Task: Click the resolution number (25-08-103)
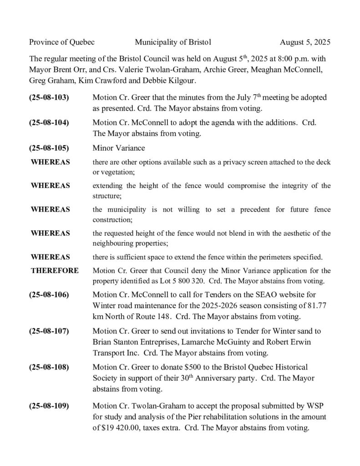pyautogui.click(x=49, y=98)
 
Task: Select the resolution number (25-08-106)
pyautogui.click(x=49, y=294)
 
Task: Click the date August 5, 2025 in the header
pyautogui.click(x=305, y=42)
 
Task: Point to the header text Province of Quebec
pyautogui.click(x=62, y=42)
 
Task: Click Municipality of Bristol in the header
pyautogui.click(x=173, y=42)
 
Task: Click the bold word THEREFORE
pyautogui.click(x=55, y=271)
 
